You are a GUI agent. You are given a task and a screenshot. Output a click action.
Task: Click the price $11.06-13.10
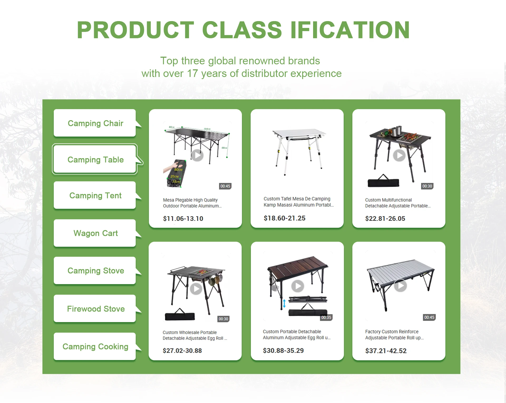pos(183,219)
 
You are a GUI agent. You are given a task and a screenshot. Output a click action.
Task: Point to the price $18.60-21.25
pos(285,218)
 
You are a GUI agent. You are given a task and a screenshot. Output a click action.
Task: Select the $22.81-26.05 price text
pos(385,219)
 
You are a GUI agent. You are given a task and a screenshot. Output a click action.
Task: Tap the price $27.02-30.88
pos(182,351)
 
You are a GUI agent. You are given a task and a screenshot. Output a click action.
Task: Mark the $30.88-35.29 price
pos(283,351)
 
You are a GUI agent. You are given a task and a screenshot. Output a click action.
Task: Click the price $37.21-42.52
pos(386,351)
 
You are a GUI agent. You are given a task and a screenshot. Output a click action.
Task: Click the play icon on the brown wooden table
pos(298,286)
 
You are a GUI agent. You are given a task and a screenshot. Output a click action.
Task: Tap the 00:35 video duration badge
pos(326,317)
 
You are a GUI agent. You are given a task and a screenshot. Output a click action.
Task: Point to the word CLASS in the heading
pos(242,30)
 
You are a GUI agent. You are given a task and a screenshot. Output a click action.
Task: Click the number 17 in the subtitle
pos(192,74)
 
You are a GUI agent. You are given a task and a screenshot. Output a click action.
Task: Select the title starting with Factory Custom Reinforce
pos(394,334)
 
